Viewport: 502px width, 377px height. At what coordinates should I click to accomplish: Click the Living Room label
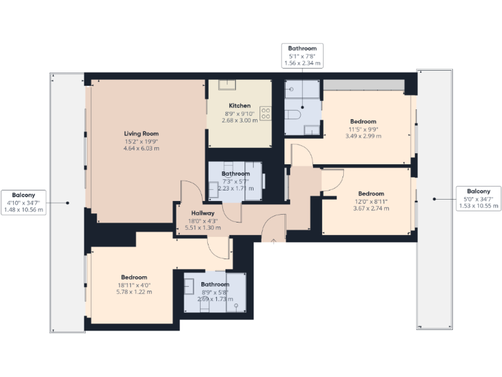141,134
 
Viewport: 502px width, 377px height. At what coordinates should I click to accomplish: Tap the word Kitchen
239,105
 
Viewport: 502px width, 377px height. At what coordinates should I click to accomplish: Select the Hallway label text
203,213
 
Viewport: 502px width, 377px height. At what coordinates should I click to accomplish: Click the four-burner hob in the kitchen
266,113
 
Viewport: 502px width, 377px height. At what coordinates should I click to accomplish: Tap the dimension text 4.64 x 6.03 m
141,149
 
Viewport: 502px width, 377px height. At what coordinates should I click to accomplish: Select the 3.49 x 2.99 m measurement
362,136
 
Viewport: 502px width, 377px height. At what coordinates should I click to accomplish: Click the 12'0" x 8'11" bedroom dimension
371,201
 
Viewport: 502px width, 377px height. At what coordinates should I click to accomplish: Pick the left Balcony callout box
24,203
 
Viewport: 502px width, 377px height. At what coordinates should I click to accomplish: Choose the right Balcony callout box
477,198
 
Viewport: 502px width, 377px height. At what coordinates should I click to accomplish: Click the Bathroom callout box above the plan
302,56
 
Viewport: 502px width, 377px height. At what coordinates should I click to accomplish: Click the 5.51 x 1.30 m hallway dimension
203,228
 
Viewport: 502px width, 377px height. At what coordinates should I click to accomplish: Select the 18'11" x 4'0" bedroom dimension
133,285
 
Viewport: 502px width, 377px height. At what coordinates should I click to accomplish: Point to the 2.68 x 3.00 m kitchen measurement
239,120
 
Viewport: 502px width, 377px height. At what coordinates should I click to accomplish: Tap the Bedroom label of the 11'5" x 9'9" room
363,122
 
